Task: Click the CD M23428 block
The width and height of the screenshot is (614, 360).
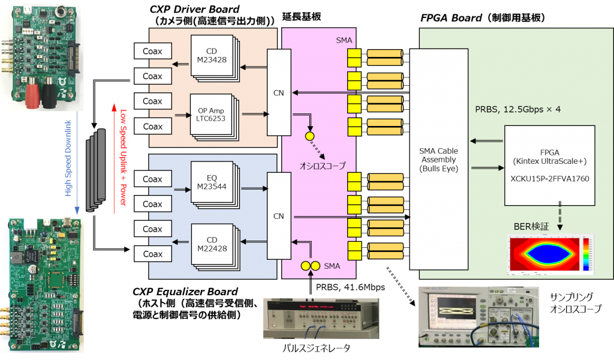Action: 210,55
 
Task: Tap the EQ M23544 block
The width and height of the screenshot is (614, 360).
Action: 210,183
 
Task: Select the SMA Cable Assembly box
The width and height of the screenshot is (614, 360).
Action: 439,159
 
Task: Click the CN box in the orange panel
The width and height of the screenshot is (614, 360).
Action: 279,92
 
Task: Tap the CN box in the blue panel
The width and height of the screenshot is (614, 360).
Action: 279,216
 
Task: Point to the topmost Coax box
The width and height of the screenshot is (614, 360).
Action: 152,51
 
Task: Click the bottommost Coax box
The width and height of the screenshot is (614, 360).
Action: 152,254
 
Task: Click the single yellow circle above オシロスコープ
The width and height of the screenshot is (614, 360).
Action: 310,136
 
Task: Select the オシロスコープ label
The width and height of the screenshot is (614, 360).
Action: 323,165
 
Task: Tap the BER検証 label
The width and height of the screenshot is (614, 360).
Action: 531,226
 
